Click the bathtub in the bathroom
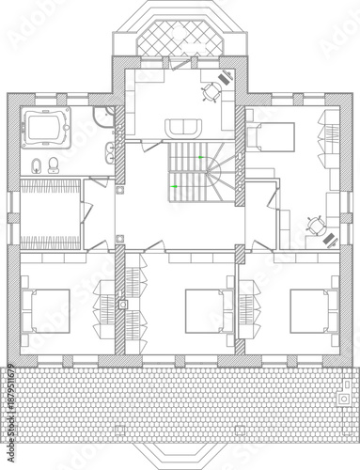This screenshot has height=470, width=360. (43, 125)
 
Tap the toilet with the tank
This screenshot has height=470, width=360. (55, 166)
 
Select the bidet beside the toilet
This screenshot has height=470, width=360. (36, 166)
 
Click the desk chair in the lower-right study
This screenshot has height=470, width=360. (313, 224)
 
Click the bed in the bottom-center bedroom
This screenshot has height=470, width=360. (202, 309)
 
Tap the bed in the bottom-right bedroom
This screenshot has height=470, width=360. (310, 309)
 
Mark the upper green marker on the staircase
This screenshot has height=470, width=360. (199, 155)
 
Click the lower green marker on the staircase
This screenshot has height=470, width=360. (171, 186)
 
